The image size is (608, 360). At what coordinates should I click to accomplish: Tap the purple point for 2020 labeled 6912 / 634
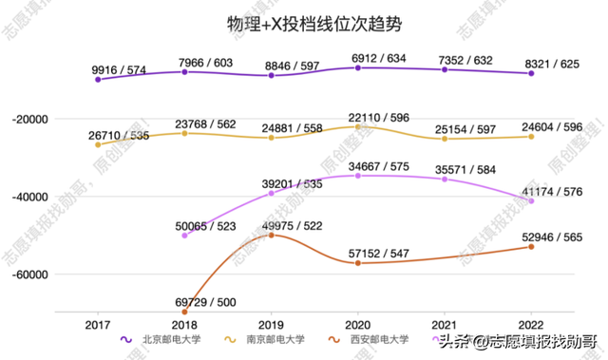click(357, 67)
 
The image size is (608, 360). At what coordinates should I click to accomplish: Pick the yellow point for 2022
click(531, 137)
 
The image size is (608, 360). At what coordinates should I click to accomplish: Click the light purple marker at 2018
click(184, 235)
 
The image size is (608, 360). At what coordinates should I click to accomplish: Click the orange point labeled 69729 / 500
click(184, 312)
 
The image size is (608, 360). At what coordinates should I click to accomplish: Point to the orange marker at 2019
click(271, 235)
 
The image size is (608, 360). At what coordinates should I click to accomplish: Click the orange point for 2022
click(531, 247)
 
